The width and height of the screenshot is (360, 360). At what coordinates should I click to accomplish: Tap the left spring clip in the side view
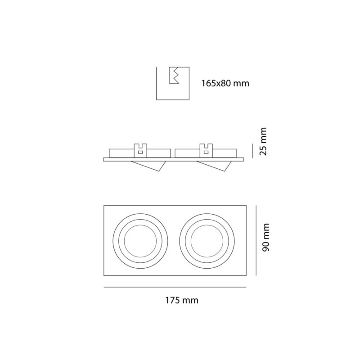click(141, 149)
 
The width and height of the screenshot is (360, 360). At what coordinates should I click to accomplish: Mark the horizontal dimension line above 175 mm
click(175, 287)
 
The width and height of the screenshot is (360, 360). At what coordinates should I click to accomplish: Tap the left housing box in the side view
click(121, 153)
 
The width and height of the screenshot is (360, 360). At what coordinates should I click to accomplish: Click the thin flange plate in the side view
click(174, 159)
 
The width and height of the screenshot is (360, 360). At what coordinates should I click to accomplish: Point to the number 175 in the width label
click(172, 300)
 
